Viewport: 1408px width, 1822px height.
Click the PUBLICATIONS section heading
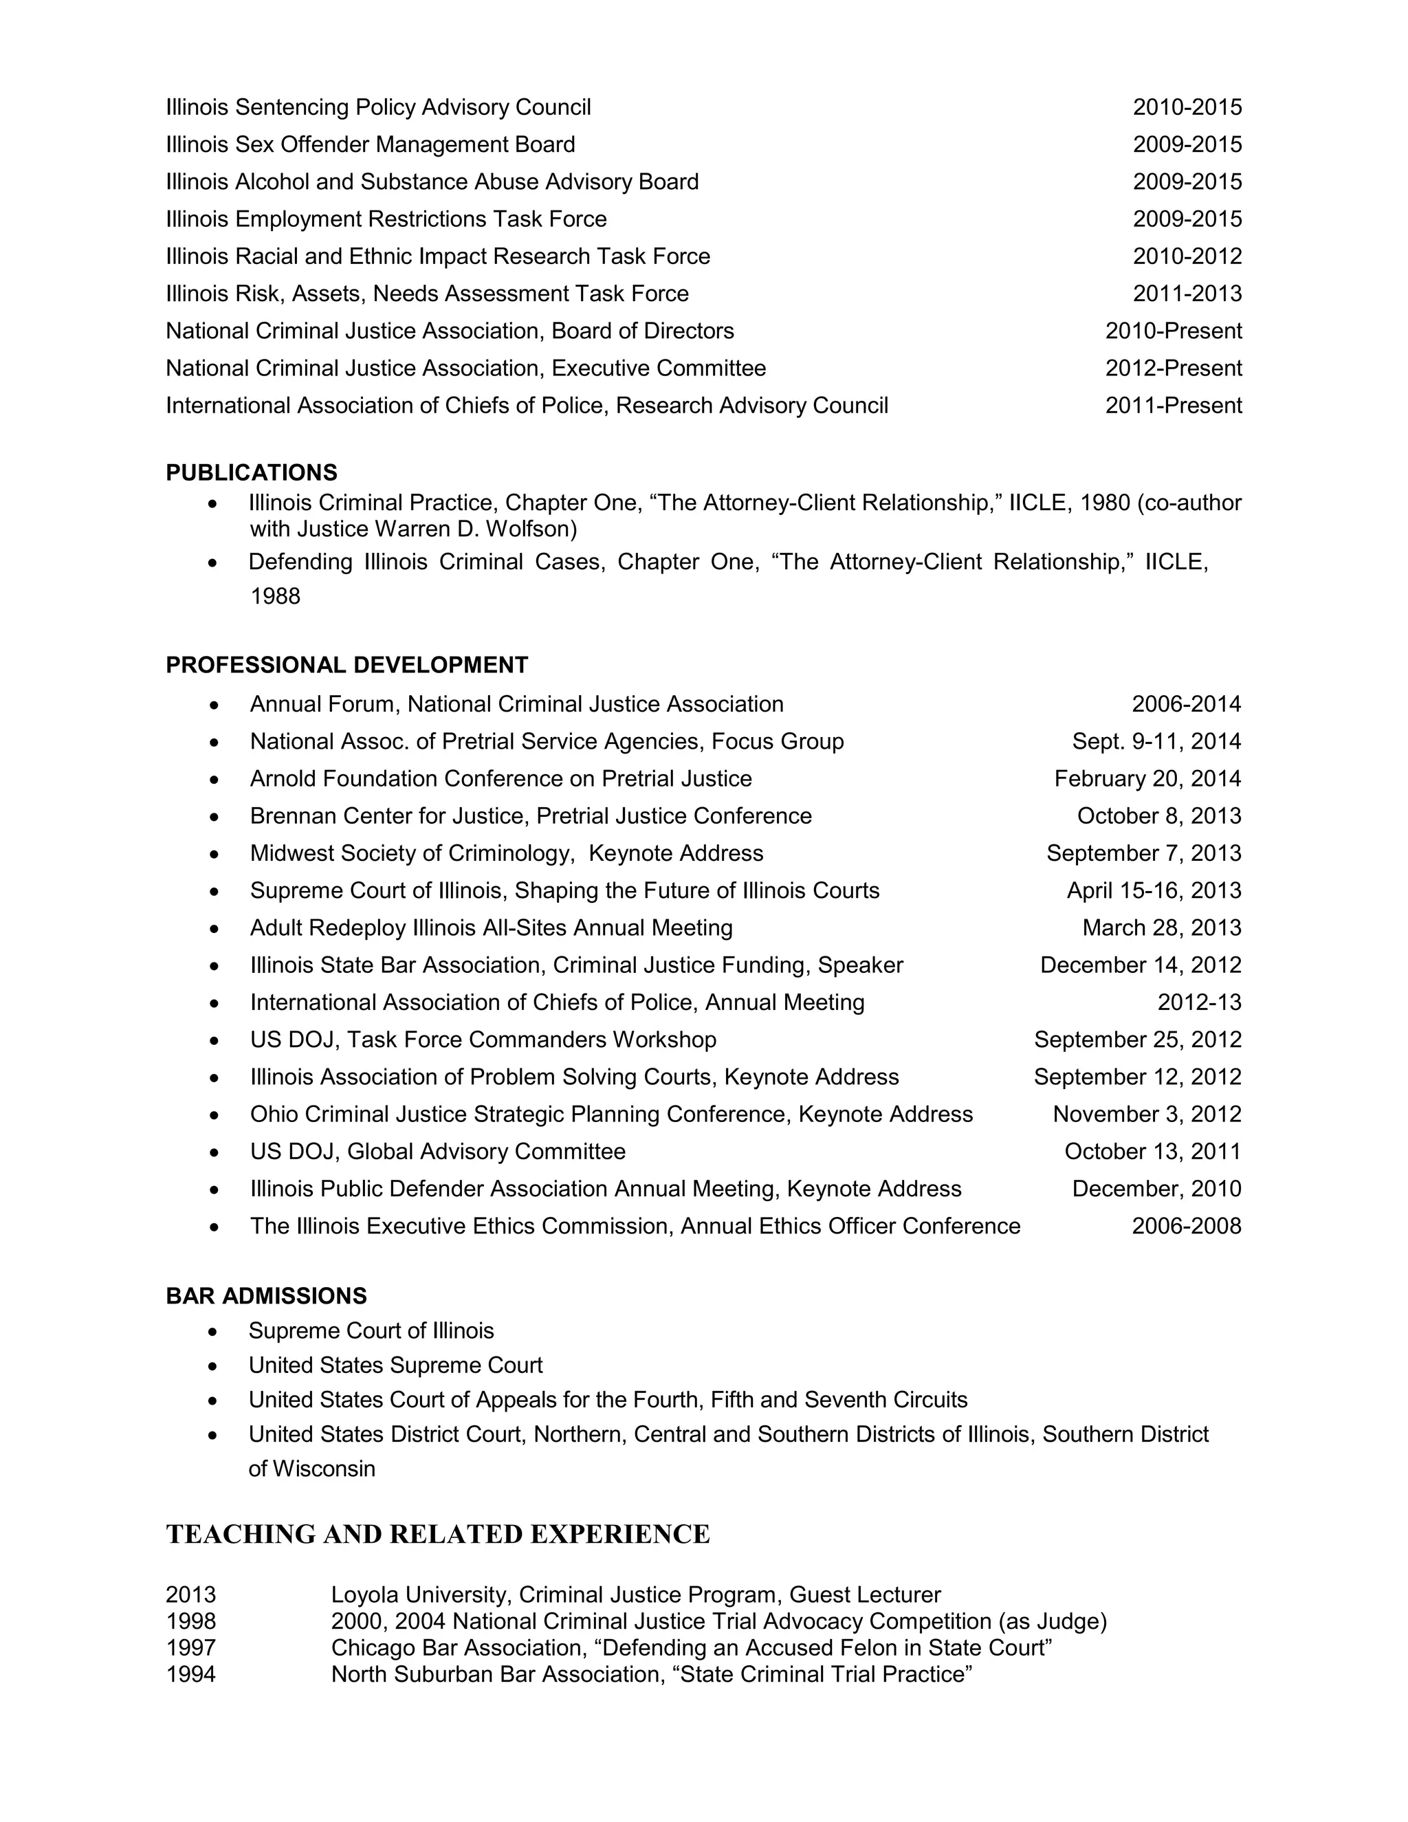click(x=251, y=472)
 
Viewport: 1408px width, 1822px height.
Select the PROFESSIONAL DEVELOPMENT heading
click(x=346, y=665)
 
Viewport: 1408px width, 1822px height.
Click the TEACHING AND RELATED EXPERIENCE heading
click(x=438, y=1534)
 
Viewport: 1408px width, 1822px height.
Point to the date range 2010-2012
click(x=1187, y=256)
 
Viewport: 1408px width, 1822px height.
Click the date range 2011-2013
click(x=1187, y=294)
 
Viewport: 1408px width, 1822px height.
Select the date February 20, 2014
click(x=1147, y=778)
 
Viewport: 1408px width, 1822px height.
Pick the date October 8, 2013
click(x=1158, y=816)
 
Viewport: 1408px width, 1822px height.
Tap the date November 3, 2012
click(x=1147, y=1114)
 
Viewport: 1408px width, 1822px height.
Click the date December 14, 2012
click(x=1141, y=965)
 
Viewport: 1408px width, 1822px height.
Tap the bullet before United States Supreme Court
click(x=214, y=1365)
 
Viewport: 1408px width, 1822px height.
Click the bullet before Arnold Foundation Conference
click(x=214, y=779)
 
